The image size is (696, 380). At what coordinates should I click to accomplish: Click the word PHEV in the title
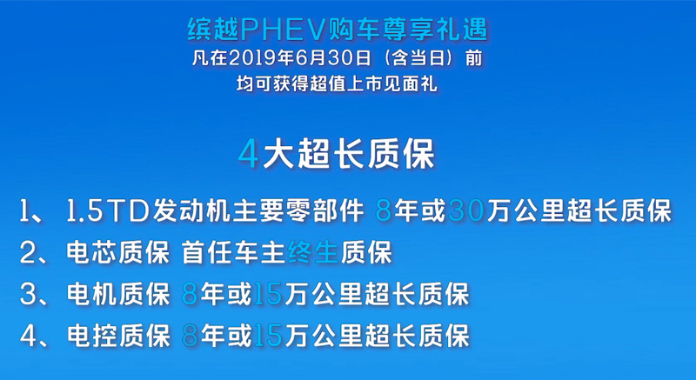pos(286,30)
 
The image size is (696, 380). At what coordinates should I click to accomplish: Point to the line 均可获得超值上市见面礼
pos(337,83)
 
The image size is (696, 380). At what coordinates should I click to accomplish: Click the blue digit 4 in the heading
pos(249,154)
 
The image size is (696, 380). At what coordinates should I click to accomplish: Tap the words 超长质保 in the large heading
pos(365,154)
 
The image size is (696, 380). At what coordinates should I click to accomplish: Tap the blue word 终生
pos(312,253)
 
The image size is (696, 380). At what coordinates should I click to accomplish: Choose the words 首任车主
pos(233,253)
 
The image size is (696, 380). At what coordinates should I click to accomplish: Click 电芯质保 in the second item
pos(117,253)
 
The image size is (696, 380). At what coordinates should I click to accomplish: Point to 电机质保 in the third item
pos(117,295)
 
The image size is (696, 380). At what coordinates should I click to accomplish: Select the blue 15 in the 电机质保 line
pos(268,295)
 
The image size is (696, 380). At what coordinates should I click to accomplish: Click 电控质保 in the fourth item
pos(117,336)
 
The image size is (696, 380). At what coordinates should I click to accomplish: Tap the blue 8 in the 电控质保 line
pos(190,337)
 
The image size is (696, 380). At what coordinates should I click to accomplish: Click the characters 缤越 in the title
pos(213,30)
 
